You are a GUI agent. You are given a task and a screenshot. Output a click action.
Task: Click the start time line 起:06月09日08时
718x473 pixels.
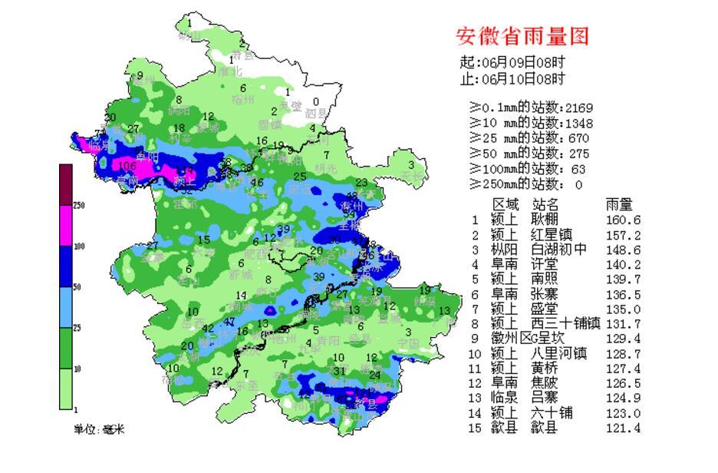coord(512,63)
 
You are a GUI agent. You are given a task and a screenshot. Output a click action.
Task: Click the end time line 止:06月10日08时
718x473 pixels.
coord(512,79)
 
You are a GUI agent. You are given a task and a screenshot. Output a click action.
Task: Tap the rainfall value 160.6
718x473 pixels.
coord(623,220)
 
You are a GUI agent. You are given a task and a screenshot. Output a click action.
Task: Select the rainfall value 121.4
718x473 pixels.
coord(623,428)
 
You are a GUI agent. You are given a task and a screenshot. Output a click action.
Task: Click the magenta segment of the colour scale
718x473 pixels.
coord(66,227)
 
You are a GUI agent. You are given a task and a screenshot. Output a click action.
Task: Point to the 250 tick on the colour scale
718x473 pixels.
coord(79,206)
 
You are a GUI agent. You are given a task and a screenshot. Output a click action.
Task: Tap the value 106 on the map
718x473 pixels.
coord(127,165)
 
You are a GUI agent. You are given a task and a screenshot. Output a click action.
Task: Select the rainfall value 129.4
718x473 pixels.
coord(623,339)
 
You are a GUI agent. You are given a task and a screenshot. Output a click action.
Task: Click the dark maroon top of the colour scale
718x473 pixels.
coord(66,185)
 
